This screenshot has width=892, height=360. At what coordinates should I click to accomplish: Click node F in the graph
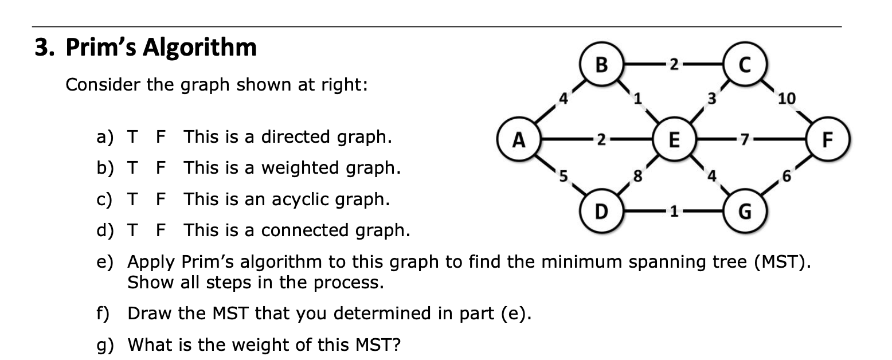823,139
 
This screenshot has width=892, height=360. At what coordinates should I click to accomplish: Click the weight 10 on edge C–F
787,99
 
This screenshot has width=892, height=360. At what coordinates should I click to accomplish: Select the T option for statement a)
132,137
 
